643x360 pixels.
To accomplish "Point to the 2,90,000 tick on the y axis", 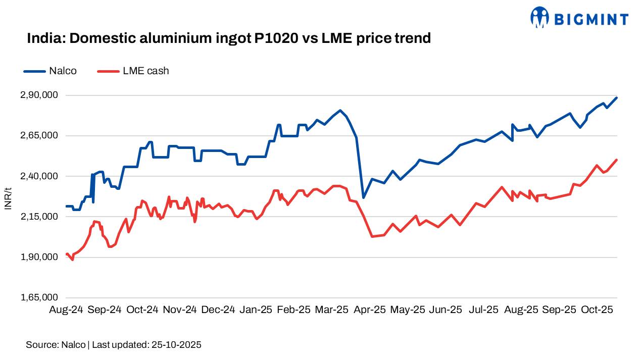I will (39, 95).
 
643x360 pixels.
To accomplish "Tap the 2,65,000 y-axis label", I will (39, 136).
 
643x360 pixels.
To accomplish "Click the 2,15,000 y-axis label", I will (39, 217).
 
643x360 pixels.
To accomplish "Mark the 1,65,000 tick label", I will (39, 297).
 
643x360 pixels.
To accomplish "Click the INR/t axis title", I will (8, 197).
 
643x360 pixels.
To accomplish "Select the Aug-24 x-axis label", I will (66, 310).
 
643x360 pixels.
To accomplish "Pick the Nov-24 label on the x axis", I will (180, 310).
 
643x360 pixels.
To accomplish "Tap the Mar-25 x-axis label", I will (331, 310).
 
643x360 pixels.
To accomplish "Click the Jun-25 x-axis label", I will (446, 310).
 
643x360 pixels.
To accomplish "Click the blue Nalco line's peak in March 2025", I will (340, 110).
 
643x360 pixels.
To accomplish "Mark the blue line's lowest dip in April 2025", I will (363, 197).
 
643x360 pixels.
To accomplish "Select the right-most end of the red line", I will (617, 160).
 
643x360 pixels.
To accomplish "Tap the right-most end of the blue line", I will (617, 97).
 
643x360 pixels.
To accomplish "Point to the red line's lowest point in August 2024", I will (73, 260).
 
